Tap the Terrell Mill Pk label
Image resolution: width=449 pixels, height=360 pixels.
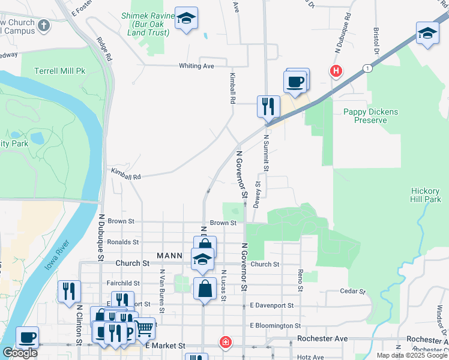60,71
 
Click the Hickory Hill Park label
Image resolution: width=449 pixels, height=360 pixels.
426,195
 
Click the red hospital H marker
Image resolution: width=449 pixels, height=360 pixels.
336,72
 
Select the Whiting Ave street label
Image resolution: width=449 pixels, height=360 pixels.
196,66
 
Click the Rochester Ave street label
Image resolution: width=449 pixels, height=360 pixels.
322,338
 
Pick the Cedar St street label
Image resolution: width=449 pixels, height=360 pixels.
352,292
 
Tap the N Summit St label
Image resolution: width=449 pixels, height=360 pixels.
266,152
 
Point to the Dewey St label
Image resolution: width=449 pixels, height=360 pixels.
257,194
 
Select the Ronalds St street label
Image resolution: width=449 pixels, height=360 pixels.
122,242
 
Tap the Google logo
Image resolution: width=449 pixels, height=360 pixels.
20,353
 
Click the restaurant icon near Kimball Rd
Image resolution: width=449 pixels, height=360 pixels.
268,106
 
